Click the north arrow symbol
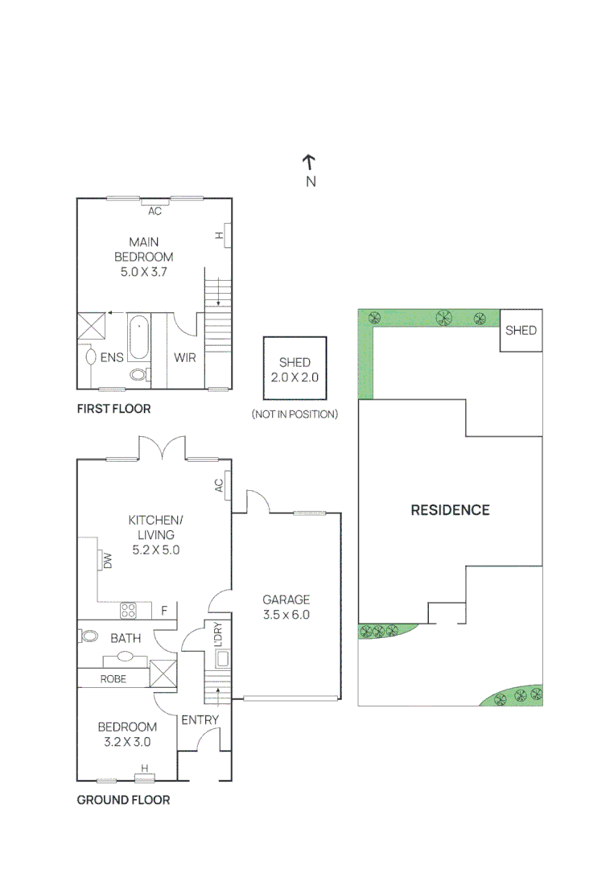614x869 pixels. [310, 163]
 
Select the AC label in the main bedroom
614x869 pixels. [155, 212]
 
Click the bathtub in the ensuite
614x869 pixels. [138, 337]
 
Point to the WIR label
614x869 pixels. [185, 357]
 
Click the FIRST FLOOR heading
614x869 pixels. [113, 409]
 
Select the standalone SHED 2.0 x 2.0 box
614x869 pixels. [295, 369]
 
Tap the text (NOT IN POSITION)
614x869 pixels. [295, 414]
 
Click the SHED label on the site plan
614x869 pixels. [521, 331]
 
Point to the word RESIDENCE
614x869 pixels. [450, 509]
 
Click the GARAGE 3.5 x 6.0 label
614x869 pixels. [286, 607]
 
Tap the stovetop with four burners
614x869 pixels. [128, 611]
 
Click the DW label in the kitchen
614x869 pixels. [106, 560]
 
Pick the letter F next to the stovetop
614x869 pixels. [163, 611]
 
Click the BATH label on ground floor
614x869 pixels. [126, 638]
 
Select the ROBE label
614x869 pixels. [113, 678]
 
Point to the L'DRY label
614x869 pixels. [216, 634]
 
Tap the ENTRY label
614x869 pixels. [200, 719]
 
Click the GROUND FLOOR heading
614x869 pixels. [123, 800]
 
